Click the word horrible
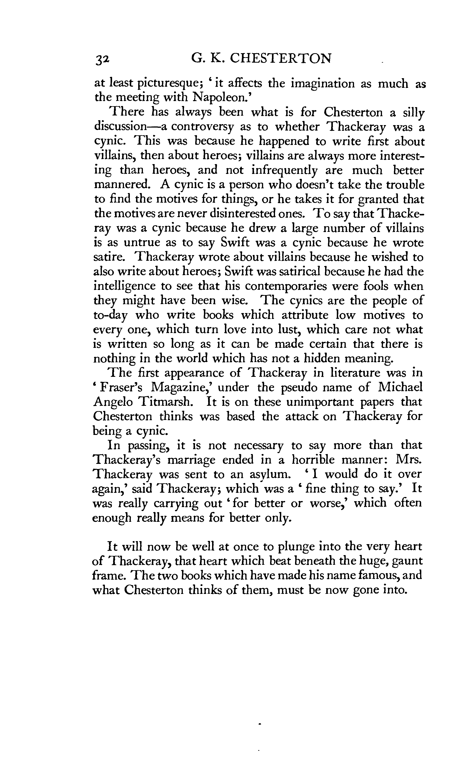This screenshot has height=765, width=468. point(318,460)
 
